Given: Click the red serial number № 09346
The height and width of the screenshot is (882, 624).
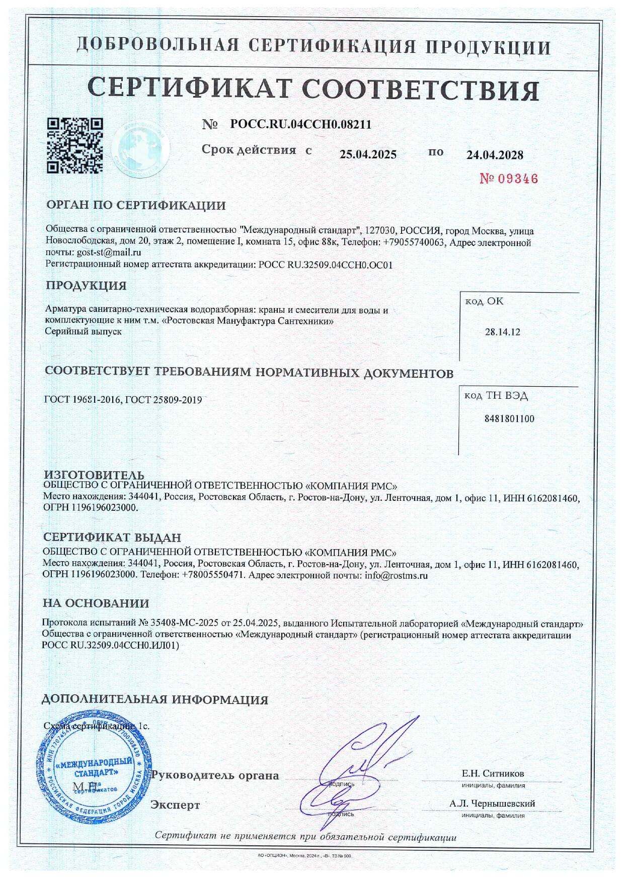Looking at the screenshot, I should coord(508,179).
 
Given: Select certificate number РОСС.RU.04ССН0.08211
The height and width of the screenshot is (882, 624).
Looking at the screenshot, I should coord(300,124).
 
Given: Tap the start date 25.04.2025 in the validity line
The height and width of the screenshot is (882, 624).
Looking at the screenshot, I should coord(368,154).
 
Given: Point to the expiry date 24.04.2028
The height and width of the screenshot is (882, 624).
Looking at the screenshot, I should coord(495,155).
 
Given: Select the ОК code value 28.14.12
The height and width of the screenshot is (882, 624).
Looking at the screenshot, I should coord(502,332).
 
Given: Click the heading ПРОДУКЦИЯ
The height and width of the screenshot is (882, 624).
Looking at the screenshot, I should coord(86,286).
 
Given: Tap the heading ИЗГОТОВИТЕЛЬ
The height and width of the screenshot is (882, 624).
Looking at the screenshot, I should coord(94,475).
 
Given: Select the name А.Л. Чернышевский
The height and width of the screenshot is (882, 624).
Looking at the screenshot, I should coord(492,804).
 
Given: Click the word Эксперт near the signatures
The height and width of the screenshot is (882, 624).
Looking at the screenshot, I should coord(175,805).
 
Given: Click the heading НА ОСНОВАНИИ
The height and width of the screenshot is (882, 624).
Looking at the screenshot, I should coord(96,603).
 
